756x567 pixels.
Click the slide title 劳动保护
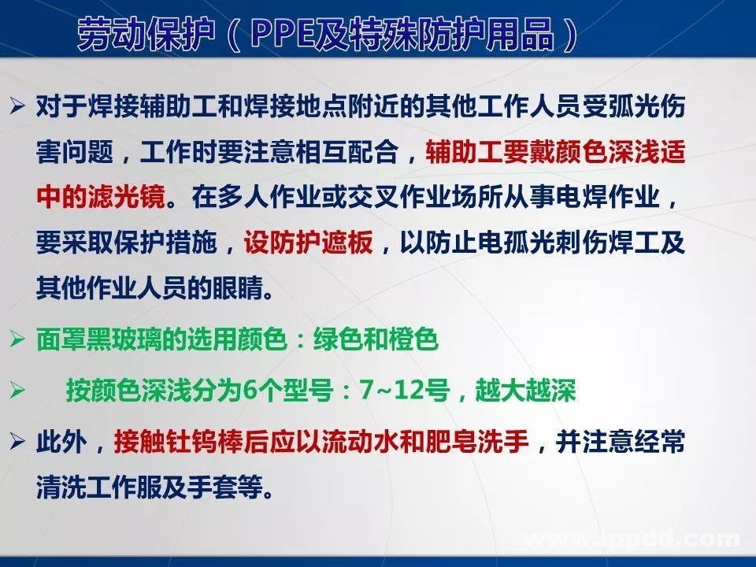click(x=138, y=34)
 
